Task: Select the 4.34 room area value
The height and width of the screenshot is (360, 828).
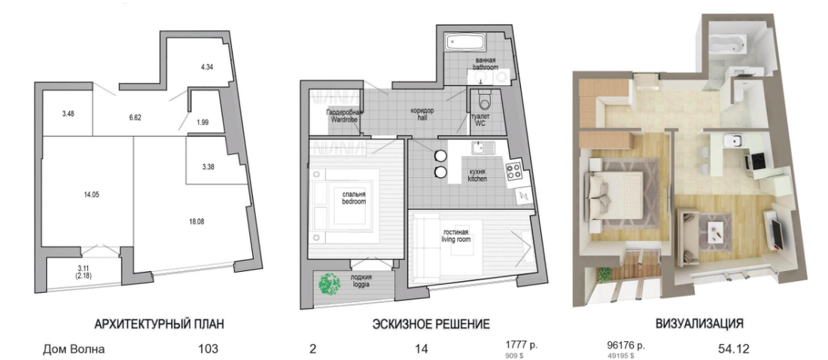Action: point(207,67)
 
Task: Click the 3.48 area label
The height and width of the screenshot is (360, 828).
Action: point(68,113)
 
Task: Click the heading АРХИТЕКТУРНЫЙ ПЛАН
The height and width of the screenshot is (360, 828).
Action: point(158,324)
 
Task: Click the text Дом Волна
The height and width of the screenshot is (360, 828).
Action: point(74,349)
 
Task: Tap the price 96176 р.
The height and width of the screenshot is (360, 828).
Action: point(626,346)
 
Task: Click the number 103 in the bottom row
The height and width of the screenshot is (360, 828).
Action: point(209,349)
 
